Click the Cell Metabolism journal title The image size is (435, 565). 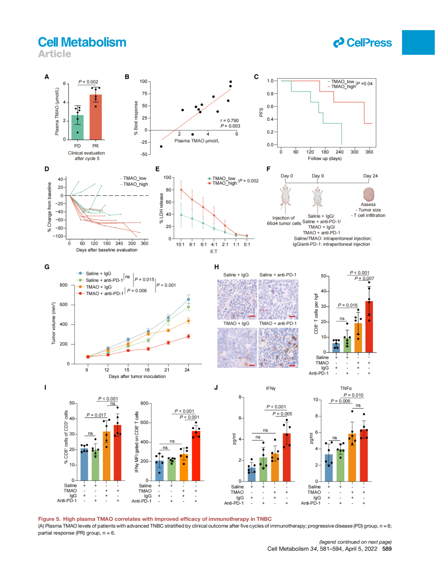pos(82,42)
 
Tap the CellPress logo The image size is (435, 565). pos(362,43)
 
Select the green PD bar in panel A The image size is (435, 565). pos(77,127)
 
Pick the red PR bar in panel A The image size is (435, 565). pos(95,117)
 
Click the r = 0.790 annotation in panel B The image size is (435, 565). pos(230,120)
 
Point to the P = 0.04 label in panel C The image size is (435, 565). pos(365,84)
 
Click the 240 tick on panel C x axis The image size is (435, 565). pos(340,152)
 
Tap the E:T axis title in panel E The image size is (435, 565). pos(213,251)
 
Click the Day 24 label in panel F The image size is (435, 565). pos(370,176)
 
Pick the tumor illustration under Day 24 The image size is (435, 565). pos(369,194)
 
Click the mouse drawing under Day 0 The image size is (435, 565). pos(286,198)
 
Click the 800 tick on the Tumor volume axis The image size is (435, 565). pos(64,285)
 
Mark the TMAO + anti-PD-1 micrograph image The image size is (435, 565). pos(278,347)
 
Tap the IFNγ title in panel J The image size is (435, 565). pos(271,388)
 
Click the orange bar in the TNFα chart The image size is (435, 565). pos(352,457)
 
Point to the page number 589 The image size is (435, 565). pos(387,549)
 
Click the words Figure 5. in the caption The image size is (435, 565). pos(49,519)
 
